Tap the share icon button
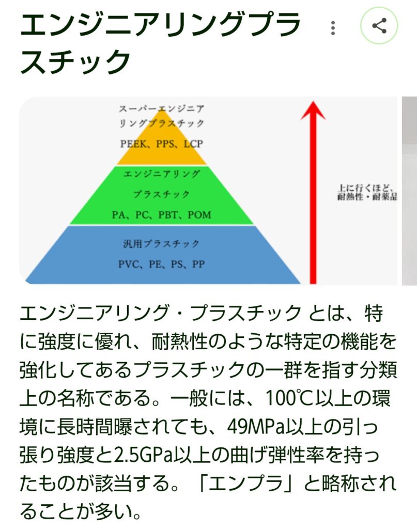379,26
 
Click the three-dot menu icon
333,27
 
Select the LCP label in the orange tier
193,144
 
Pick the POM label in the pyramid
199,215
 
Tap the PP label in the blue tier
197,264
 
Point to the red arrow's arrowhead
313,110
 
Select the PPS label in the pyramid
164,144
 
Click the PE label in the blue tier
155,264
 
